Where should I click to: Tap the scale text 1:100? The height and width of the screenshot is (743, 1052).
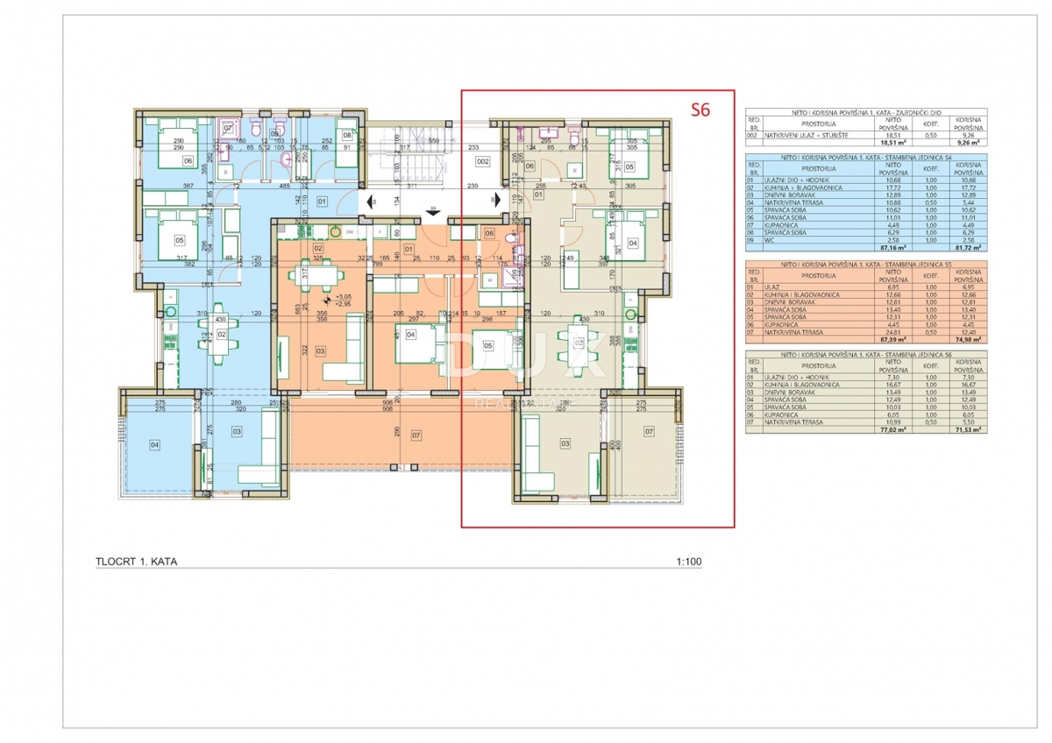(689, 563)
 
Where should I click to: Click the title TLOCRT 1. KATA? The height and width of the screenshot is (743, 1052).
(136, 563)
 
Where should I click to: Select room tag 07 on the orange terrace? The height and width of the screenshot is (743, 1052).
(416, 435)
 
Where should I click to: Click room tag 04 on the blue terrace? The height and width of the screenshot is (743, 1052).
(155, 445)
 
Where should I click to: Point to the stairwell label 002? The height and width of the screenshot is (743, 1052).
(482, 162)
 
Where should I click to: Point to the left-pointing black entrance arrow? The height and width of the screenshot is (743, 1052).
(370, 201)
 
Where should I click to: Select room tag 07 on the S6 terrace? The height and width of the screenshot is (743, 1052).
(649, 431)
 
